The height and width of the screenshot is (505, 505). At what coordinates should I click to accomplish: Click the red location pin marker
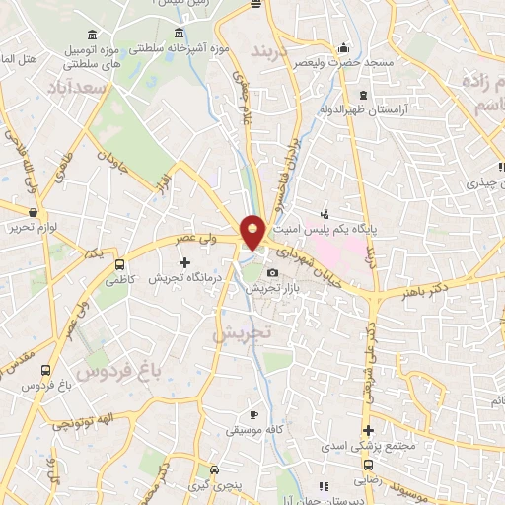[253, 231]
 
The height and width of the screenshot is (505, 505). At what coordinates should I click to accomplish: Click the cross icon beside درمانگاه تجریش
[184, 262]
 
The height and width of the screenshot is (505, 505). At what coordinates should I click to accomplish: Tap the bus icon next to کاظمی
[119, 265]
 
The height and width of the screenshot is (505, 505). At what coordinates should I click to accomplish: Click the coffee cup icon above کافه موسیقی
[253, 414]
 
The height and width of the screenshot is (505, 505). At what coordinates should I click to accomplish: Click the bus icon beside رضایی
[368, 465]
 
